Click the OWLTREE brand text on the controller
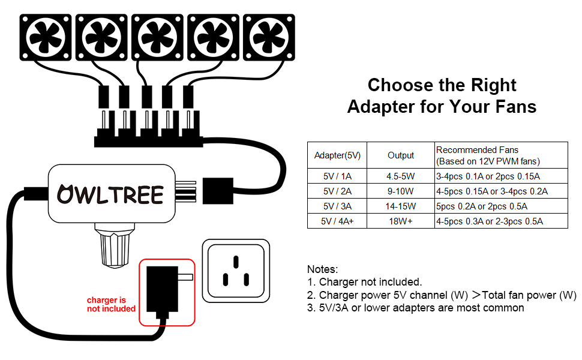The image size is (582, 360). [110, 194]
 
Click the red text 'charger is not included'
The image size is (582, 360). [111, 304]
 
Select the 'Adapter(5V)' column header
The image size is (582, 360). [337, 155]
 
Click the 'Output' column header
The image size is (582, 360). [401, 155]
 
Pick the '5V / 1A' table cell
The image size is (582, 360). [337, 177]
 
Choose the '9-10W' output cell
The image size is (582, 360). [401, 192]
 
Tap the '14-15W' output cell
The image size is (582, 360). [401, 206]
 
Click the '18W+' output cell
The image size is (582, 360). [401, 221]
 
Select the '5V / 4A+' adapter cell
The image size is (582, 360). [337, 221]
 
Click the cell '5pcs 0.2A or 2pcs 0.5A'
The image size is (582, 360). [482, 206]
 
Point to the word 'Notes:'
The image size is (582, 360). [323, 269]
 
